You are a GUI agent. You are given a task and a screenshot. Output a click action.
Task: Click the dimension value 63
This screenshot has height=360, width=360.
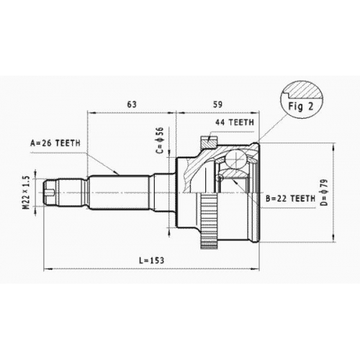[x=132, y=104]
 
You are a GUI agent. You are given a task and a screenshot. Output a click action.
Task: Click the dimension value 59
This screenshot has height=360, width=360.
[x=217, y=104]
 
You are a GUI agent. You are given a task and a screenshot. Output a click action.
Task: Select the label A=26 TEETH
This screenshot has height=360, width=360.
[x=55, y=143]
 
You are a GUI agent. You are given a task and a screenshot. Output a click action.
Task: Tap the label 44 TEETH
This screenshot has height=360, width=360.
[x=235, y=122]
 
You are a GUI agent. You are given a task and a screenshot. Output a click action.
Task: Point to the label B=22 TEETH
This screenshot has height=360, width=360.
[x=290, y=199]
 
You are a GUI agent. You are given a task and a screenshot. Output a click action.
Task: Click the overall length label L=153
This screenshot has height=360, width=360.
[x=152, y=260]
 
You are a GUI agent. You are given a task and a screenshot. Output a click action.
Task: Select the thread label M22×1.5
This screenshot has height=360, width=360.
[x=27, y=193]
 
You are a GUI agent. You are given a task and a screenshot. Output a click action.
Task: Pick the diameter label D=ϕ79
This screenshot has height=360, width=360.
[x=325, y=192]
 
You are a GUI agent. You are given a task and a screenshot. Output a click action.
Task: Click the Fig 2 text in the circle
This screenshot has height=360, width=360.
[x=301, y=107]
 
